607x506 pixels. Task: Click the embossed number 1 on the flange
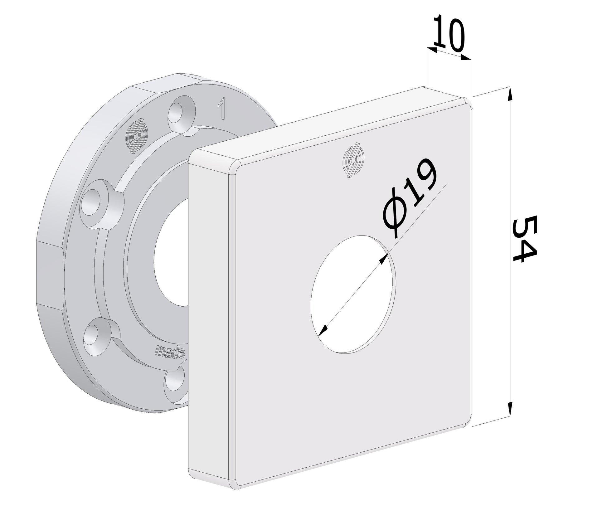221,108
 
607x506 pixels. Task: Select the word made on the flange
170,352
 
